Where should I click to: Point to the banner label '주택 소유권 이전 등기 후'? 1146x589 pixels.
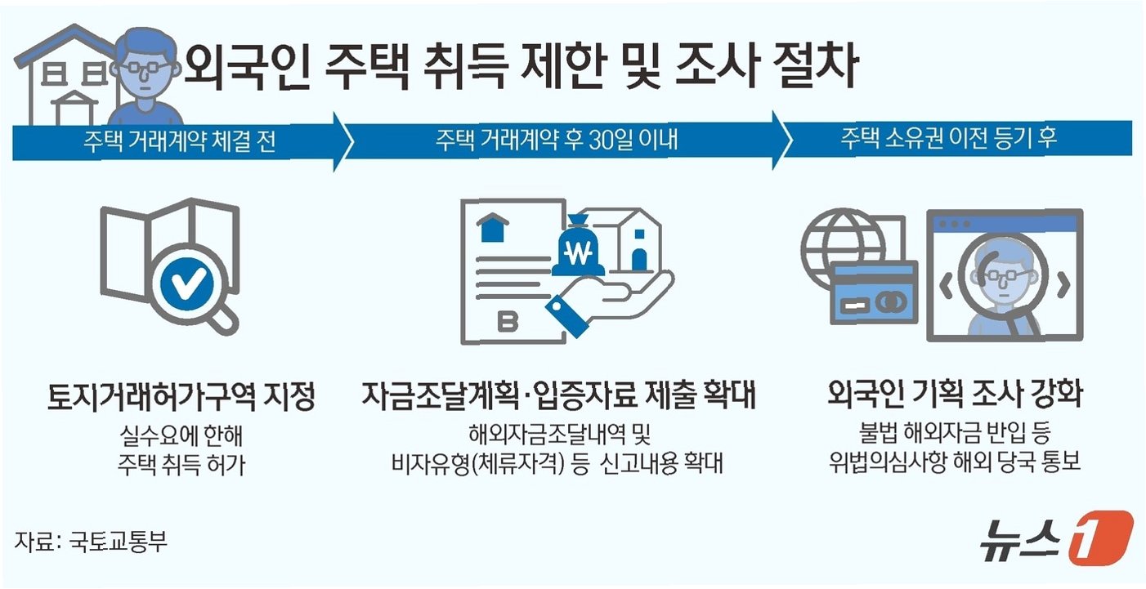[949, 138]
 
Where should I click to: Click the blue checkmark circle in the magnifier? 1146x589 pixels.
[187, 284]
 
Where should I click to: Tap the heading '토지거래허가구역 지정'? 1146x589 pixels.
[181, 398]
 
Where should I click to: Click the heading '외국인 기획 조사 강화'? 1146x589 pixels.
[955, 396]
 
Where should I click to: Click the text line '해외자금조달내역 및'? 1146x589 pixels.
[558, 434]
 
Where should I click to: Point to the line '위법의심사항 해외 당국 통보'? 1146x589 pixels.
[955, 463]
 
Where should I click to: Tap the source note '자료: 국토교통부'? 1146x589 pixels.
[91, 541]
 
